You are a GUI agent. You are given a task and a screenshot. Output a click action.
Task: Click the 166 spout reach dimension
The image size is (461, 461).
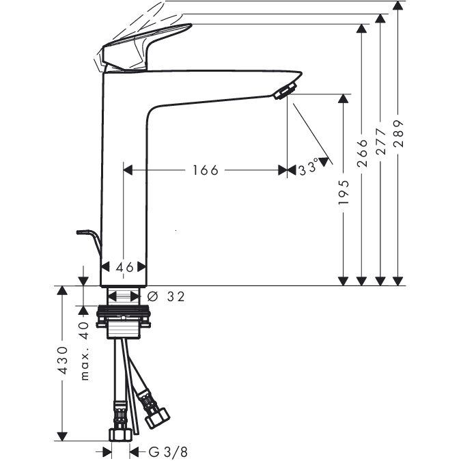point(206,170)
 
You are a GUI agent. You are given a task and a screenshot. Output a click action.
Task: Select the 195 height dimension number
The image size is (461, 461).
point(343,193)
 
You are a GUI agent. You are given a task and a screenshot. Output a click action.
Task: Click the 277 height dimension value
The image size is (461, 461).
point(380,141)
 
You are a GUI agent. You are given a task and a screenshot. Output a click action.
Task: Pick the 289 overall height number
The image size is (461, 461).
point(398,133)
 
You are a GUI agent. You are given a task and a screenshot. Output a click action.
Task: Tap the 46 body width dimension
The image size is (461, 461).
point(125,267)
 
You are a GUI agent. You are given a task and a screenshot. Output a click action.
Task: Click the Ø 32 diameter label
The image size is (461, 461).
point(166,296)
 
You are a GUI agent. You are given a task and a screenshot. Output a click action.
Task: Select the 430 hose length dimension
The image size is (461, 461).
point(63,360)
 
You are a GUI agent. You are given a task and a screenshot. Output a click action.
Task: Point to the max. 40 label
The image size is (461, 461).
point(85,351)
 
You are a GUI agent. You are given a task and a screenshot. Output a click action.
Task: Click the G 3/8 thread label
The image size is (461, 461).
point(168,451)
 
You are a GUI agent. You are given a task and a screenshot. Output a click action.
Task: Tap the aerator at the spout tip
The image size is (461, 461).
point(285,91)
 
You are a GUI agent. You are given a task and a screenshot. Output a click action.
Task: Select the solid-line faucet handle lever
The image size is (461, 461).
point(146,47)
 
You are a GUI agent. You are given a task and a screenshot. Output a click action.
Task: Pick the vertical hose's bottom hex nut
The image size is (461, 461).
point(121,434)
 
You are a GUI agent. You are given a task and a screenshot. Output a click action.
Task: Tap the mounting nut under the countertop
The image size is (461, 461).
point(124,316)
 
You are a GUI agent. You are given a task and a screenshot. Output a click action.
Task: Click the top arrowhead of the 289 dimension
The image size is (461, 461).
point(397,5)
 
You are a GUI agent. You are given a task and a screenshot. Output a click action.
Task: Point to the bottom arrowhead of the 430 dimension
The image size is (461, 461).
point(62,436)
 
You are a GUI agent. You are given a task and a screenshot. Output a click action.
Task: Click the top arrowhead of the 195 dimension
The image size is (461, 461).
point(343,99)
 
